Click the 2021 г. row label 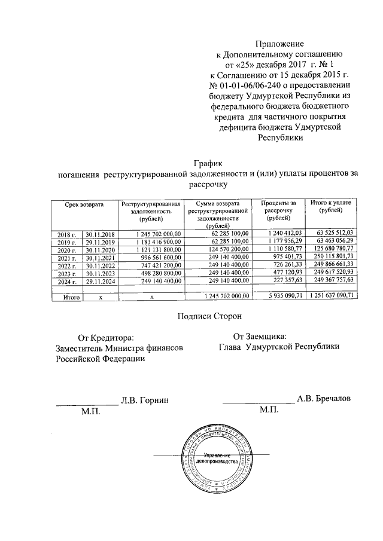(66, 256)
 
